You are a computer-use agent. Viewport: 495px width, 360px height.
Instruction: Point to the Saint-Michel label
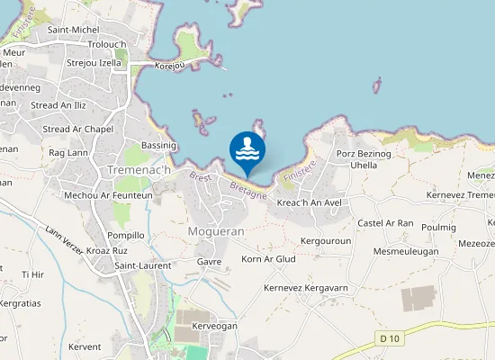[x=74, y=30]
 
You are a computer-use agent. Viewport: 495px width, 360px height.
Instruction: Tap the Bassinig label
[x=159, y=145]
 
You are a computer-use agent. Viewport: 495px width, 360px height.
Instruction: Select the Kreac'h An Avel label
[x=310, y=202]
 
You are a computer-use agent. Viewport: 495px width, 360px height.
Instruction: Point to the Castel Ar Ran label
[x=385, y=223]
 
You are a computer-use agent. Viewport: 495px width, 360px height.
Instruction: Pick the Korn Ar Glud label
[x=269, y=259]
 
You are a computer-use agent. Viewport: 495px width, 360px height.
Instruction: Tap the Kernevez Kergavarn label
[x=306, y=288]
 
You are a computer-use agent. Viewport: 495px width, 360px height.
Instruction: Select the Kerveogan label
[x=214, y=325]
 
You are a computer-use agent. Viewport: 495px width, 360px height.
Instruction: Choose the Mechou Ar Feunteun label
[x=108, y=194]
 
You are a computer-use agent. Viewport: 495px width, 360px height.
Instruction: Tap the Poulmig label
[x=438, y=228]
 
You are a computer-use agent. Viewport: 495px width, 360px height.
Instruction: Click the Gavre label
[x=209, y=261]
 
